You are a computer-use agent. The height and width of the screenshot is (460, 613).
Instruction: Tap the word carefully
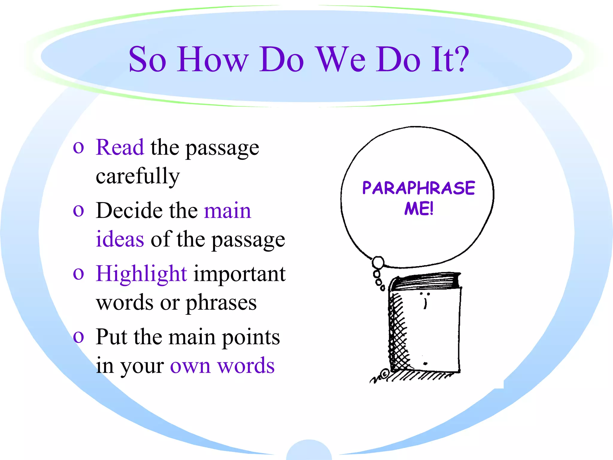coord(138,176)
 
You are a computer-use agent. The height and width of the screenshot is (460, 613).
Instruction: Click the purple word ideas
coord(120,239)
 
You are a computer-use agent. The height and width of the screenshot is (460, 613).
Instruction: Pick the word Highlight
coord(141,274)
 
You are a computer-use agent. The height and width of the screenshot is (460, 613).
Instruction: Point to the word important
coord(239,274)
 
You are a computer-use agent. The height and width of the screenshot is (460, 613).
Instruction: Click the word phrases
coord(221,303)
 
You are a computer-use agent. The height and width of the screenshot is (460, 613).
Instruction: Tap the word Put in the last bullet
coord(111,337)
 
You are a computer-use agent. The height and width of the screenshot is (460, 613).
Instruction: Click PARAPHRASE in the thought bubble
coord(418,188)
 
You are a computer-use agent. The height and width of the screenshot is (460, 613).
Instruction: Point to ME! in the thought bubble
coord(419,209)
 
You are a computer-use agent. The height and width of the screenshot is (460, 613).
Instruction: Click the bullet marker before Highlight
coord(78,274)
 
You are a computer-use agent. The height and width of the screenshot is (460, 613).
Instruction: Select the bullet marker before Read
coord(78,147)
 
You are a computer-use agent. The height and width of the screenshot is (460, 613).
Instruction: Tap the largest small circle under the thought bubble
coord(378,263)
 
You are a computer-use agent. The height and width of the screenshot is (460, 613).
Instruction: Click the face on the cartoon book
coord(425,299)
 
